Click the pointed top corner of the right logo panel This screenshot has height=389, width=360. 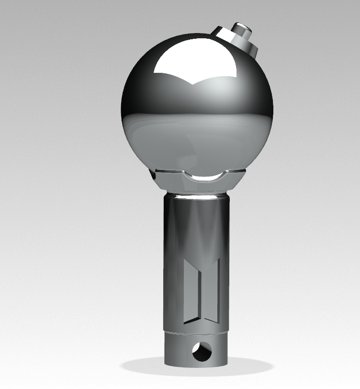coord(219,259)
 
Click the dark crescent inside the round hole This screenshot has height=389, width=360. coord(197,355)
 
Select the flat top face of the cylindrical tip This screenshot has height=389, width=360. coord(242,24)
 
